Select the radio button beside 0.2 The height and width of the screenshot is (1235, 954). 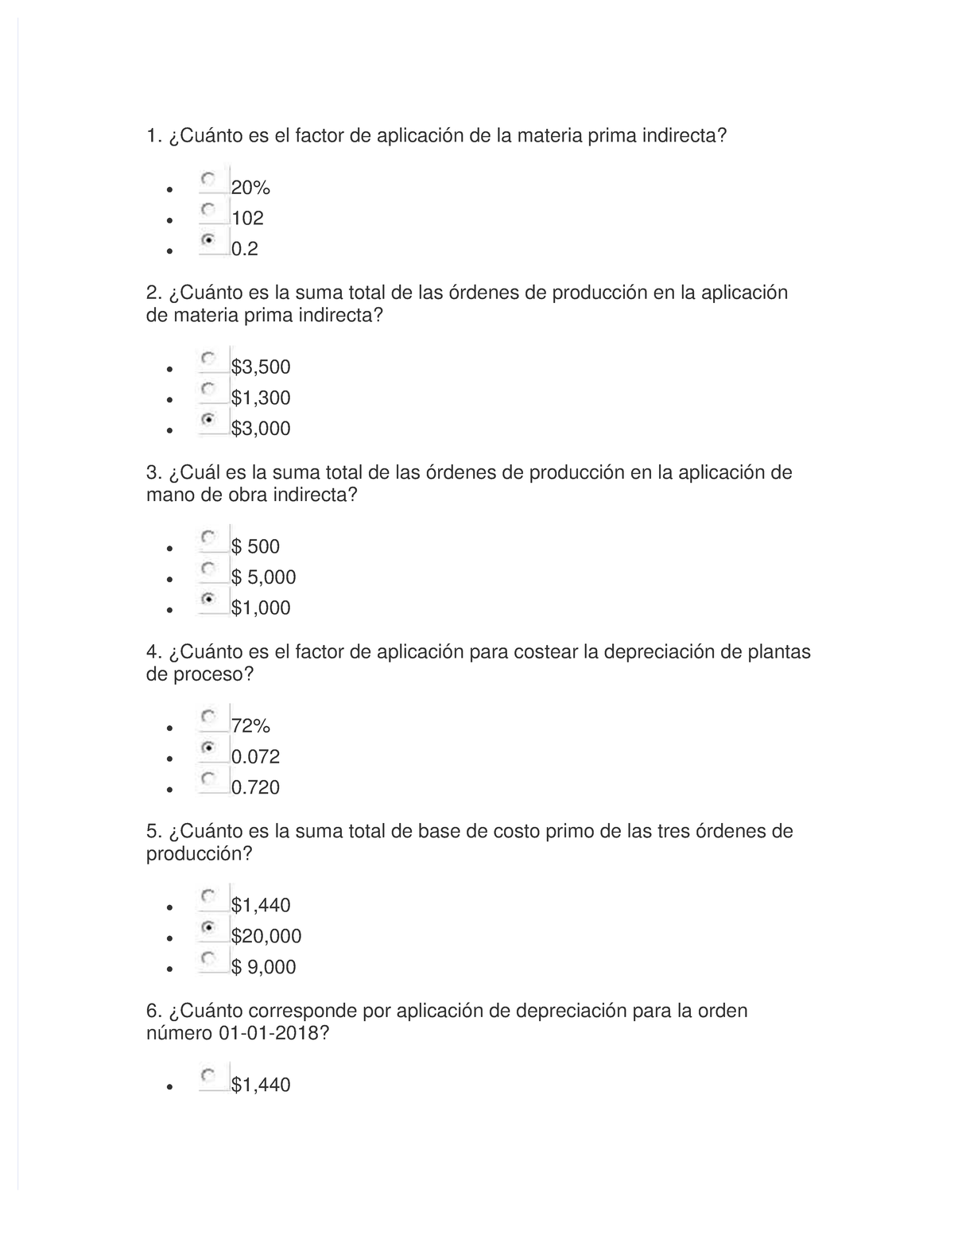(208, 239)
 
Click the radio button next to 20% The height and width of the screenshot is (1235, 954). (208, 180)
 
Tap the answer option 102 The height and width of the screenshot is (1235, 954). (247, 219)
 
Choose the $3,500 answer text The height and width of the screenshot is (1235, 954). (261, 367)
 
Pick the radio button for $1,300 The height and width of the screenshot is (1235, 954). (208, 389)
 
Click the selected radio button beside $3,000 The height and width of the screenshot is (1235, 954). (208, 419)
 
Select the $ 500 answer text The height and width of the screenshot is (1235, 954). (255, 547)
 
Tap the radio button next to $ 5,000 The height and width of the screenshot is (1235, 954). (208, 568)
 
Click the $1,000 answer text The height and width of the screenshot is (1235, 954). (261, 608)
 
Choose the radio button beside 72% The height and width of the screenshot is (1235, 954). (208, 717)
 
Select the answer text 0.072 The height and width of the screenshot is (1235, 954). (255, 757)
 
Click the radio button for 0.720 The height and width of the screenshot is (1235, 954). (208, 778)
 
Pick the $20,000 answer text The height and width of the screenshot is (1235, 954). (266, 937)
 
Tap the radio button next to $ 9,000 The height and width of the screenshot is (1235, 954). (208, 957)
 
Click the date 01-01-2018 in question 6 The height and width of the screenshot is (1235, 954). (269, 1034)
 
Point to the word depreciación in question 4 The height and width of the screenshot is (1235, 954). (659, 653)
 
